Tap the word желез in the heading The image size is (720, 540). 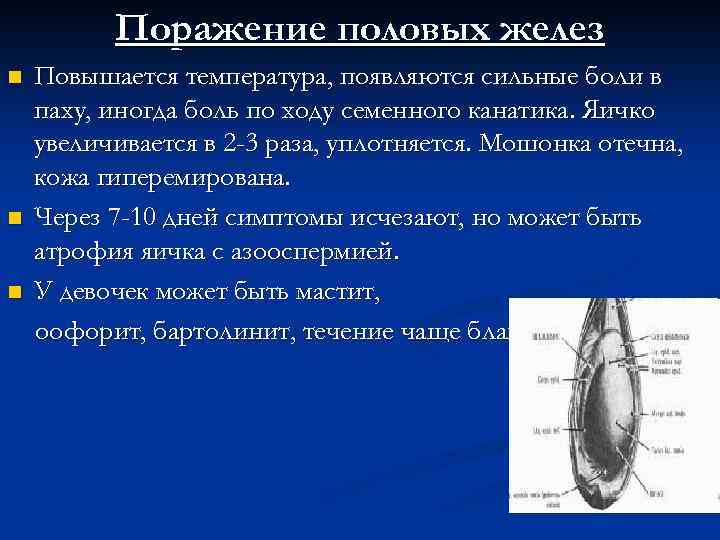pyautogui.click(x=556, y=29)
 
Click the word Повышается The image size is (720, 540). pyautogui.click(x=102, y=77)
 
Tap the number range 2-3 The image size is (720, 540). pyautogui.click(x=248, y=145)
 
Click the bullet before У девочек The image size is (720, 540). pyautogui.click(x=14, y=292)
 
